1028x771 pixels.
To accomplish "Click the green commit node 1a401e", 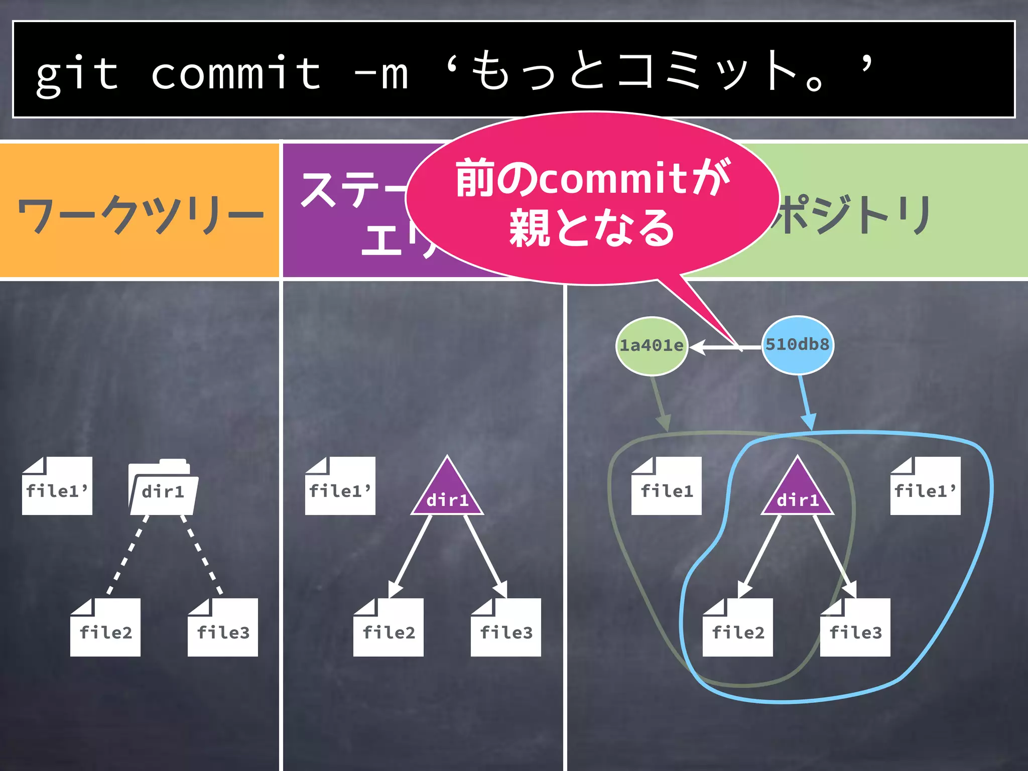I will tap(652, 346).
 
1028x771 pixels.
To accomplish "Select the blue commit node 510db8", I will tap(798, 345).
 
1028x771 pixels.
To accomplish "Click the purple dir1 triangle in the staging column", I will tap(447, 492).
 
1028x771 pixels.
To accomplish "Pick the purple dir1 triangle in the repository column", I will tap(798, 492).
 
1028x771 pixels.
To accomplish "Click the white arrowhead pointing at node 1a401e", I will tap(698, 347).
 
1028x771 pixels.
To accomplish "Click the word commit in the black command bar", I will tap(236, 74).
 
